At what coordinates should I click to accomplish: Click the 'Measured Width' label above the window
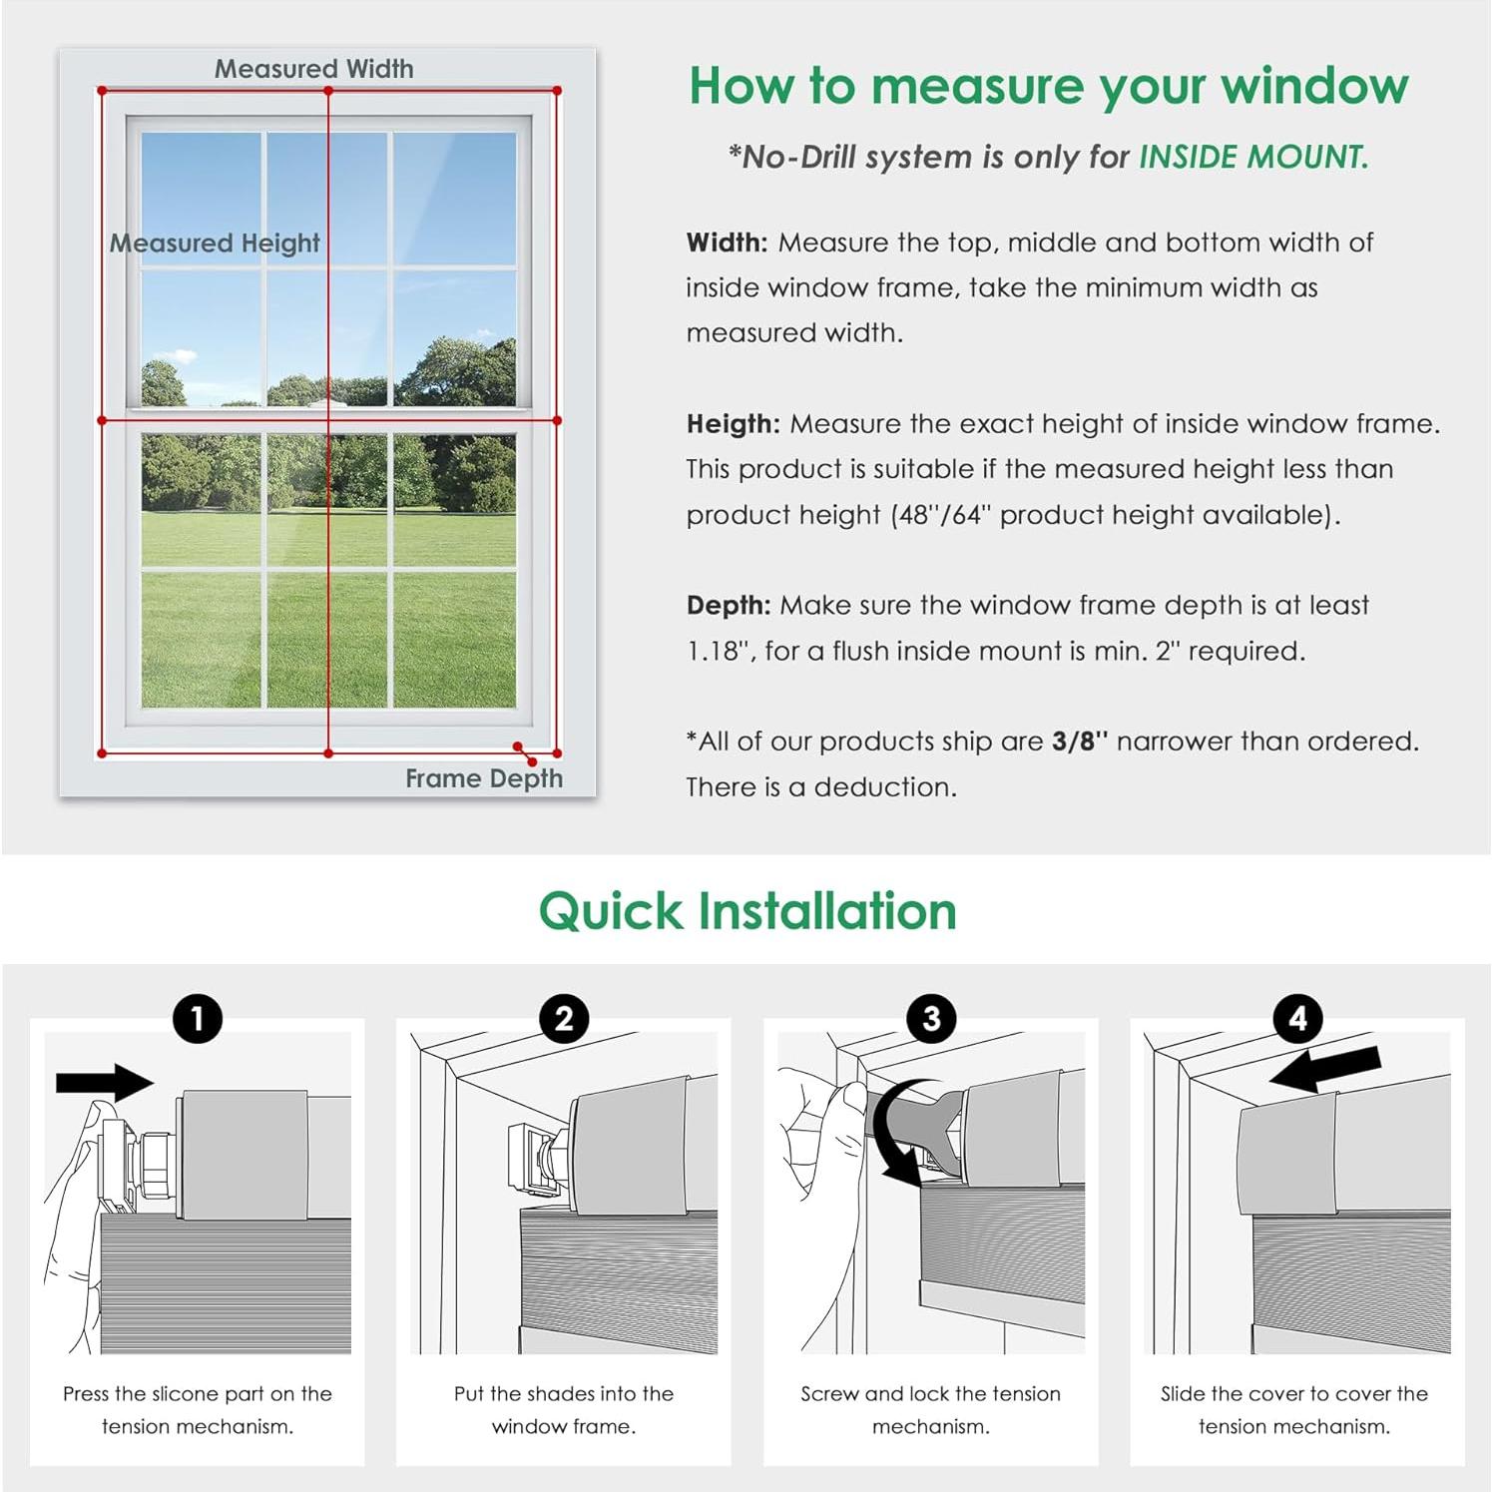[313, 69]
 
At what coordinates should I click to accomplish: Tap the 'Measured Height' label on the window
[215, 243]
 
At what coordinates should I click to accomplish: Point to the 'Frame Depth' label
[483, 778]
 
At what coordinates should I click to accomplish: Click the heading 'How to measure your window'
[1048, 86]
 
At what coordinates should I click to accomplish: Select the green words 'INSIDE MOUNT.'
[1253, 157]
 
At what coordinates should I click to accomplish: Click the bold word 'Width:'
[727, 243]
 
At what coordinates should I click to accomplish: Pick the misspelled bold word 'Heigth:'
[733, 424]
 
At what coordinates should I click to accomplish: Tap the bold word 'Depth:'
[729, 606]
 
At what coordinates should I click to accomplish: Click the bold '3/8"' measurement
[1080, 742]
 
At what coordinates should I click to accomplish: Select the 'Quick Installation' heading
[747, 911]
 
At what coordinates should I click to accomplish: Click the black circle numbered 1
[198, 1019]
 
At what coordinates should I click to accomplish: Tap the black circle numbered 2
[564, 1019]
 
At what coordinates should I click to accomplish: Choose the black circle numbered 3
[931, 1019]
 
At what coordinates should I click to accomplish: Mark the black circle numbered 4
[1297, 1019]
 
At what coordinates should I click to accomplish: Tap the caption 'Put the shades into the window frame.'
[564, 1409]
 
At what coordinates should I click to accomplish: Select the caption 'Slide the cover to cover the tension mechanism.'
[1294, 1409]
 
